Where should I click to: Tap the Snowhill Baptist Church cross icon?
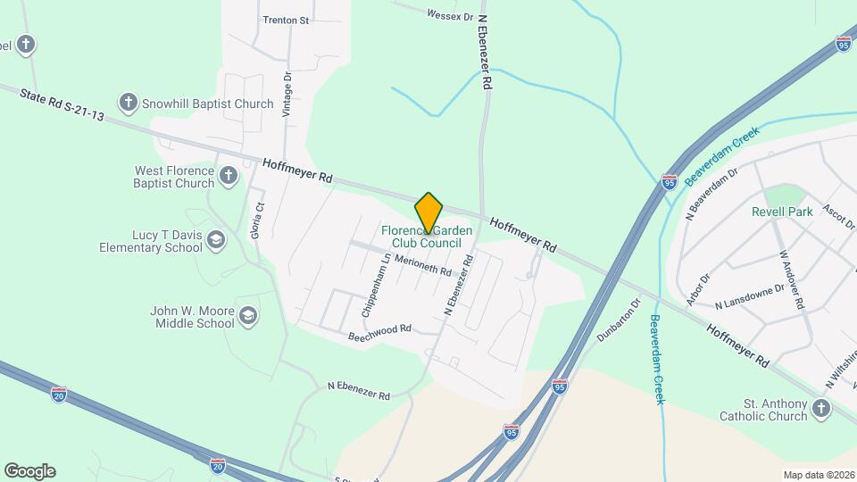tap(129, 104)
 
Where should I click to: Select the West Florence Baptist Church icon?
tap(229, 176)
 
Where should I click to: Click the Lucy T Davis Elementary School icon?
tap(215, 240)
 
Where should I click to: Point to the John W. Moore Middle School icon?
tap(248, 315)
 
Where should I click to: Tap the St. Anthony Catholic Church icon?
tap(820, 409)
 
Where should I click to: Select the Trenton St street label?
tap(286, 20)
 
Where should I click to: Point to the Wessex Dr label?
tap(449, 14)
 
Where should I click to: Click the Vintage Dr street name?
tap(287, 95)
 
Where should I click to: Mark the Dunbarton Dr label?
tap(620, 320)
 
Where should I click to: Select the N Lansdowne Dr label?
tap(749, 295)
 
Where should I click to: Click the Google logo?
tap(29, 471)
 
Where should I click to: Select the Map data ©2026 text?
tap(818, 474)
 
